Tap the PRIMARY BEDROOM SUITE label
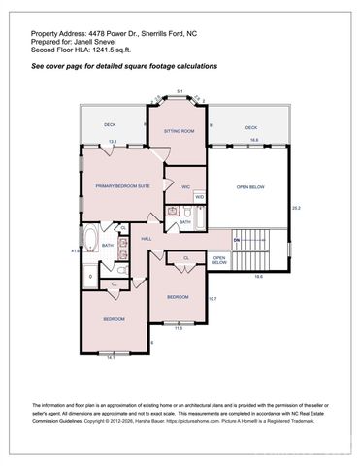[x=121, y=185]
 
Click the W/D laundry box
[x=199, y=197]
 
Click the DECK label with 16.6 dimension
[x=251, y=127]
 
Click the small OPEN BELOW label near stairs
[x=219, y=259]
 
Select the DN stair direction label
[x=236, y=238]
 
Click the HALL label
[x=147, y=238]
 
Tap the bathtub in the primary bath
[x=89, y=242]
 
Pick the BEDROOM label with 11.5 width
[x=178, y=296]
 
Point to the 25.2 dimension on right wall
[x=297, y=208]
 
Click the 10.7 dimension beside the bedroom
[x=213, y=298]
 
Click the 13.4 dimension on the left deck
[x=113, y=142]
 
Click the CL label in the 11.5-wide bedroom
[x=185, y=257]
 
